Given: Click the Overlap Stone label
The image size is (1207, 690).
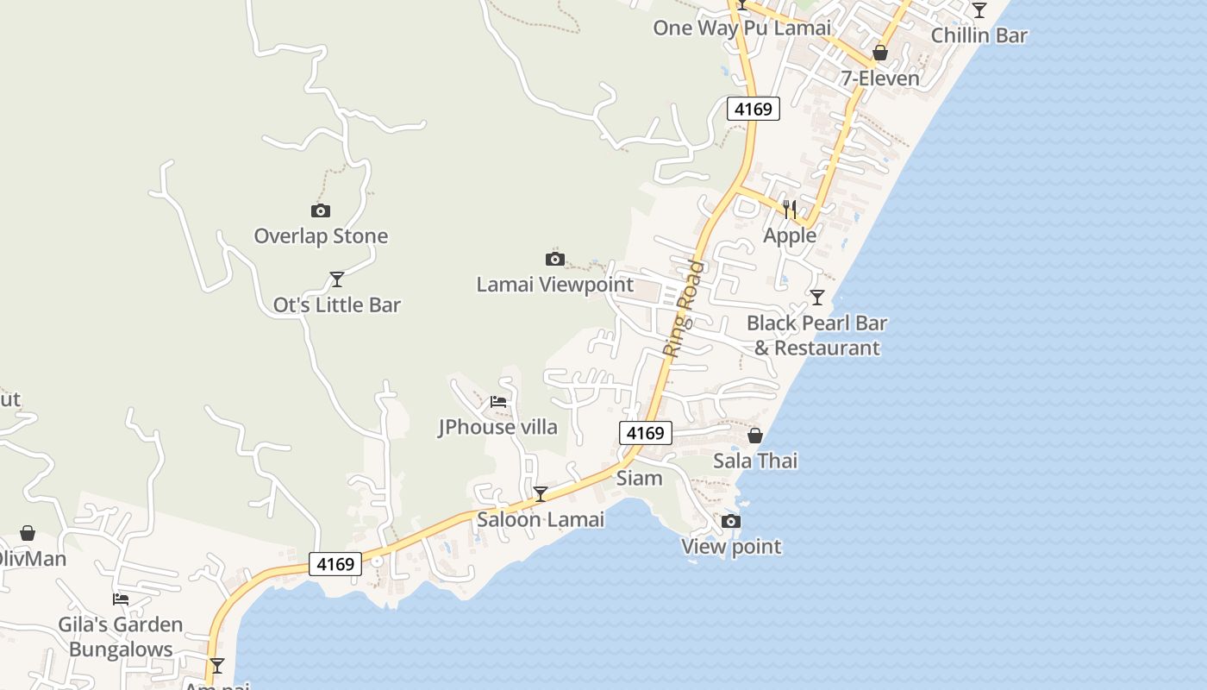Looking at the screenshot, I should [321, 236].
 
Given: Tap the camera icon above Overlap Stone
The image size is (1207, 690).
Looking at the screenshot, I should [321, 211].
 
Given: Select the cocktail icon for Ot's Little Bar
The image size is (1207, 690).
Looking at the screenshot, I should [337, 279].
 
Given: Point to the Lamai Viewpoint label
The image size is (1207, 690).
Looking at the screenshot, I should [555, 285].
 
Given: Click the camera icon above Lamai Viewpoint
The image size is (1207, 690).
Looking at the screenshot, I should [555, 259].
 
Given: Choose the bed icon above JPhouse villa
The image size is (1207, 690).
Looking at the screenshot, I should [498, 401].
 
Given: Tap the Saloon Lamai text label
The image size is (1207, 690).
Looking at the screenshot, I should [541, 519].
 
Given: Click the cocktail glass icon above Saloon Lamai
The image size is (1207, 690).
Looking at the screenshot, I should [541, 494].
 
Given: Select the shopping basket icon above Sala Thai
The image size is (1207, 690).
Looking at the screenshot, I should [755, 436].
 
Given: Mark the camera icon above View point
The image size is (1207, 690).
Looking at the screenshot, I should [731, 521].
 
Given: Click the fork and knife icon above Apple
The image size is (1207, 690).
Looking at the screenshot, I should [790, 210].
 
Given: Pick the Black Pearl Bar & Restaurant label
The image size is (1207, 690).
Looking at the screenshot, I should [816, 336].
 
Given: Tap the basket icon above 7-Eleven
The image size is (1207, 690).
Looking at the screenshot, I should [880, 53].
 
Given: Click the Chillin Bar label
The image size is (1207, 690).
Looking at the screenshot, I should [979, 35].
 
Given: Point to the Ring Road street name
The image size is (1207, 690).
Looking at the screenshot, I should [685, 309].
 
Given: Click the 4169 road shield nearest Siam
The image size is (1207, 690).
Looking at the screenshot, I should [645, 433].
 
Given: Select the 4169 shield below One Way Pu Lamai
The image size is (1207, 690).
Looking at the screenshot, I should [754, 109].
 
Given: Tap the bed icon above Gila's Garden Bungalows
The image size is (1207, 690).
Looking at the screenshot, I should [121, 599].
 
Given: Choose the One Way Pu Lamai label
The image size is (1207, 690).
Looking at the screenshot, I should [742, 28].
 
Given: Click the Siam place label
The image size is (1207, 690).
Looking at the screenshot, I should [640, 478].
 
